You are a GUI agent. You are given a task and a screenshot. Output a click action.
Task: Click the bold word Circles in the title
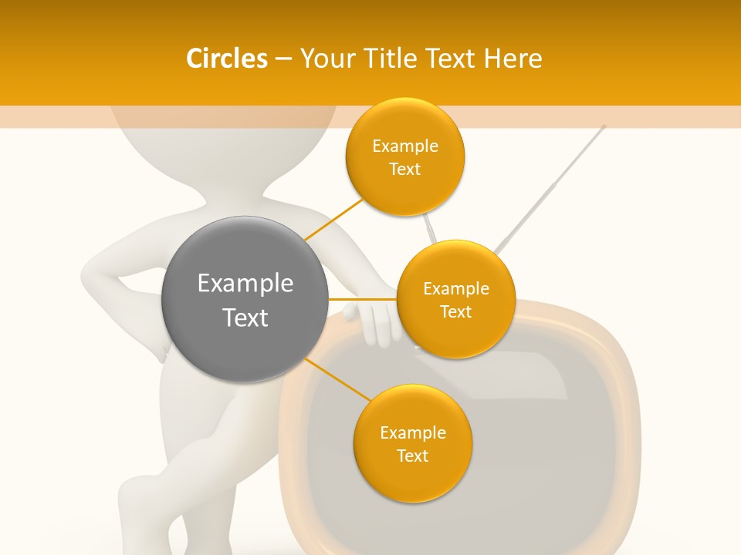[226, 59]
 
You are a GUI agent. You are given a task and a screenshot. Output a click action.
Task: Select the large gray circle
[245, 299]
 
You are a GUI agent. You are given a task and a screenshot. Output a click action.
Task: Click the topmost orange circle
[404, 156]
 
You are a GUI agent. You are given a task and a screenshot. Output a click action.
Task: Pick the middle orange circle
[455, 299]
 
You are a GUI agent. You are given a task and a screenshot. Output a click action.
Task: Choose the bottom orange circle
[412, 443]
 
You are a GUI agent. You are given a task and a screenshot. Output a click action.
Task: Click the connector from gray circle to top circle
[333, 219]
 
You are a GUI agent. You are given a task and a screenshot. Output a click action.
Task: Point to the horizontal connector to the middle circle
[362, 299]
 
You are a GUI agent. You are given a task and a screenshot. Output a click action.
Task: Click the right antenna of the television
[552, 186]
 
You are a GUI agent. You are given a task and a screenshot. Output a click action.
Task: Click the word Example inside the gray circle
[245, 284]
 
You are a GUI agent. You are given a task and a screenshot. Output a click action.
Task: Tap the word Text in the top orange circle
[404, 170]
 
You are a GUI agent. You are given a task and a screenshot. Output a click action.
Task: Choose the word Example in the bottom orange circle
[412, 432]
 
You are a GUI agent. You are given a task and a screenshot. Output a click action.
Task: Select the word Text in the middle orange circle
[455, 311]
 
